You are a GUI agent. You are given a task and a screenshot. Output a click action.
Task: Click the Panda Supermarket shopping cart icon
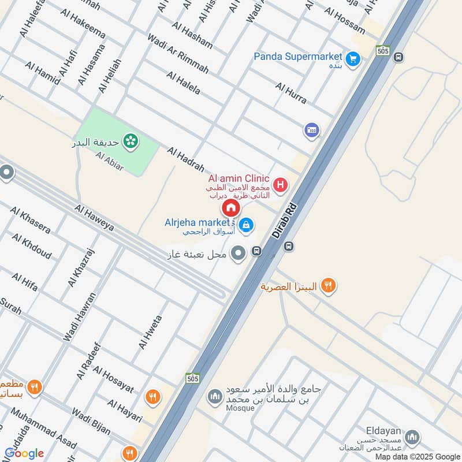353,58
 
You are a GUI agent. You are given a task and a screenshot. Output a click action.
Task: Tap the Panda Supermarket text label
298,57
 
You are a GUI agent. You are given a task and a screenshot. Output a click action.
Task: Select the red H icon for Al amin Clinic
281,185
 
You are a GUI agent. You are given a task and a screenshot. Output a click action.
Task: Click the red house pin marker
231,208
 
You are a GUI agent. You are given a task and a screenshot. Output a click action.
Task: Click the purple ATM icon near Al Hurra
311,130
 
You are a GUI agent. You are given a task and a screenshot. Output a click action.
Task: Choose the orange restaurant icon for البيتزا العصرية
329,285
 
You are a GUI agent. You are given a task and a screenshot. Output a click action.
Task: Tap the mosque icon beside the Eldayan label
412,437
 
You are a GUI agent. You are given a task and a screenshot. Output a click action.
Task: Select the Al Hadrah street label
186,159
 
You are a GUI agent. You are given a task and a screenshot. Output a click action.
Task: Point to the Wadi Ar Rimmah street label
178,53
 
